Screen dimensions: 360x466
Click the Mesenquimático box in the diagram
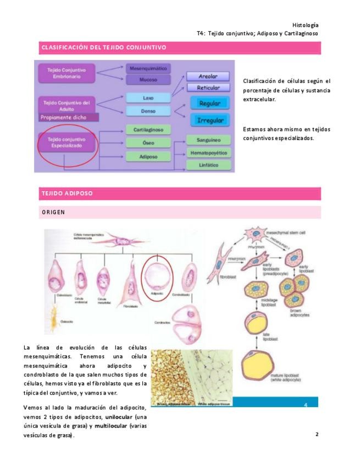[x=148, y=69]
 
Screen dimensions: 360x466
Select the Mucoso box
[x=148, y=80]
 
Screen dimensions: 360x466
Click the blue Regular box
[x=209, y=103]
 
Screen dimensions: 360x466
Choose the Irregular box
[x=209, y=120]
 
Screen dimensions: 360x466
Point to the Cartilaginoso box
[x=148, y=130]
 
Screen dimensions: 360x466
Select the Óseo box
[x=148, y=143]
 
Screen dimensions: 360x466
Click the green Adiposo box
[x=148, y=157]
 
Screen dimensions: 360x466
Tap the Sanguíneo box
[x=207, y=140]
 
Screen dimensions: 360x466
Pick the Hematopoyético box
[x=207, y=152]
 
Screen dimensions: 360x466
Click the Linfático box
[x=207, y=164]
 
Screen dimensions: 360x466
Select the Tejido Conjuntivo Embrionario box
[x=66, y=74]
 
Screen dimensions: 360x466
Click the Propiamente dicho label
[x=62, y=117]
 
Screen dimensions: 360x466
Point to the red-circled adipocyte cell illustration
[x=158, y=274]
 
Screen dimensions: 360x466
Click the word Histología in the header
[x=305, y=25]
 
